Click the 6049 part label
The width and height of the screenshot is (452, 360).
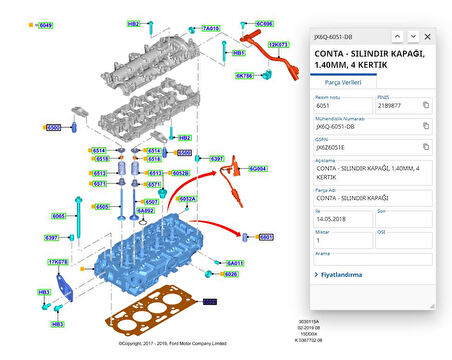click(x=45, y=24)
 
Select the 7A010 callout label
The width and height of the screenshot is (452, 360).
click(x=211, y=29)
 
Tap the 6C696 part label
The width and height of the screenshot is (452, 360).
click(x=263, y=22)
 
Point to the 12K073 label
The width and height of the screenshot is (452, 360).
click(x=278, y=44)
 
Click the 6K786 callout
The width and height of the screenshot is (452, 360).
click(x=245, y=75)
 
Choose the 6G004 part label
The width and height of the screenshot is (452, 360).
click(x=258, y=169)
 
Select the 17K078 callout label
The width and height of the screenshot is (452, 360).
click(x=58, y=261)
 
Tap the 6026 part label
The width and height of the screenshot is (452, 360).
click(x=231, y=273)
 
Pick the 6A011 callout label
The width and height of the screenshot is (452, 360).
click(x=234, y=263)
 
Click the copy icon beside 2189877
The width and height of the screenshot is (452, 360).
click(x=425, y=105)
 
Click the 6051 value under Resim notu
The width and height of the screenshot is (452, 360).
click(x=324, y=105)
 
